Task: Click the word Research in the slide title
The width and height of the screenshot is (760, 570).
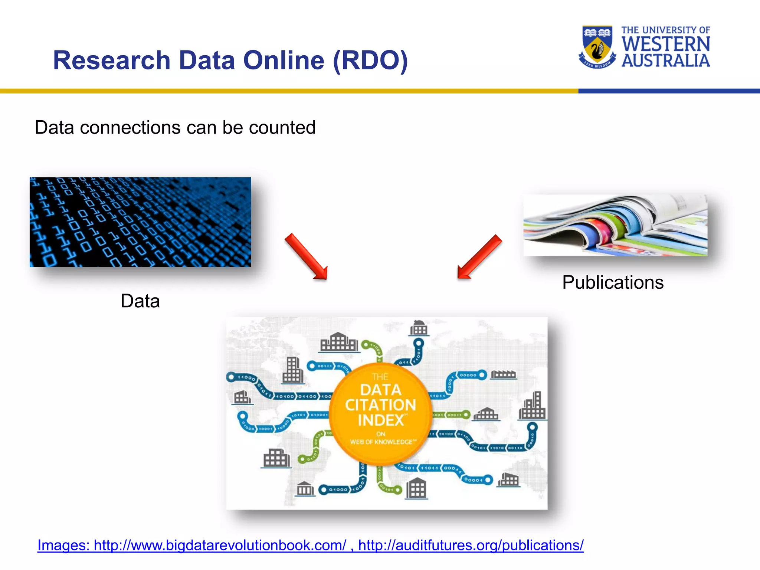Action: click(x=111, y=60)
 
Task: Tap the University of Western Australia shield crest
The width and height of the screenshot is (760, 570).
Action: click(x=597, y=47)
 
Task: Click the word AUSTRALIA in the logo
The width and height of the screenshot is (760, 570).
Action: click(x=666, y=60)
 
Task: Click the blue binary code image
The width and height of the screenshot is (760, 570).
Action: click(x=140, y=222)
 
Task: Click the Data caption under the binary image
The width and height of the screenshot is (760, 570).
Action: click(x=140, y=301)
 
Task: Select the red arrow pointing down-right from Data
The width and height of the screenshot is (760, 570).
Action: click(x=306, y=256)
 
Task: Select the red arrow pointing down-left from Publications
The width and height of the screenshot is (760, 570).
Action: click(x=479, y=256)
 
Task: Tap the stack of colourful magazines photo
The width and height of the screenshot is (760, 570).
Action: click(x=615, y=225)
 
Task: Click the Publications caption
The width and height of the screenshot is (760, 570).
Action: click(x=613, y=282)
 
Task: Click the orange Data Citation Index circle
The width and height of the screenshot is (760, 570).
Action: click(x=381, y=414)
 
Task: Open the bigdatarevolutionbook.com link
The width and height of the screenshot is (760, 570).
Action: click(x=220, y=545)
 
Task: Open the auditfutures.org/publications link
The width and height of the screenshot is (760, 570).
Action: click(x=471, y=545)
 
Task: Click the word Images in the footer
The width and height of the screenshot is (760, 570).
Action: click(x=63, y=545)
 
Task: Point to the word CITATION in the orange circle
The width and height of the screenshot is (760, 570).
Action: click(x=381, y=405)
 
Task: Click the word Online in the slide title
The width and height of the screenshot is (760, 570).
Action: click(x=284, y=60)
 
